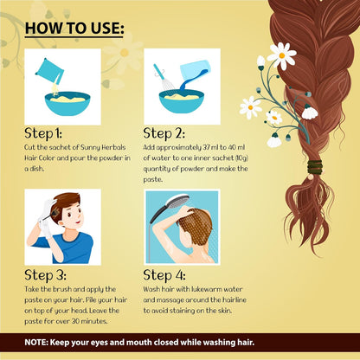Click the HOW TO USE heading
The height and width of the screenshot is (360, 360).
tap(74, 29)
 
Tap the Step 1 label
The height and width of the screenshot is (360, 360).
tap(43, 133)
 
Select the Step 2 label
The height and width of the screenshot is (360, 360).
tap(164, 133)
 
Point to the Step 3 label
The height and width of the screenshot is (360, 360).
tap(45, 275)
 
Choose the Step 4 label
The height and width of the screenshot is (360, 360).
tap(164, 275)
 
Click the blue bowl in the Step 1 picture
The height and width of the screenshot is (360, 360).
tap(67, 104)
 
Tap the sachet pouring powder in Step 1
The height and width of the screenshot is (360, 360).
tap(49, 71)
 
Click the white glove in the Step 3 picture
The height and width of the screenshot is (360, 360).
tap(46, 218)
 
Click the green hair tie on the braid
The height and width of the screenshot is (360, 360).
tap(314, 167)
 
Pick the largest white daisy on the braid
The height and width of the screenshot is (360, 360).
tap(282, 55)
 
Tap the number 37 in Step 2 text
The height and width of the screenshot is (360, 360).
tap(207, 147)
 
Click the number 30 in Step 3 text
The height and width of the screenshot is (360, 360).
tap(75, 321)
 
